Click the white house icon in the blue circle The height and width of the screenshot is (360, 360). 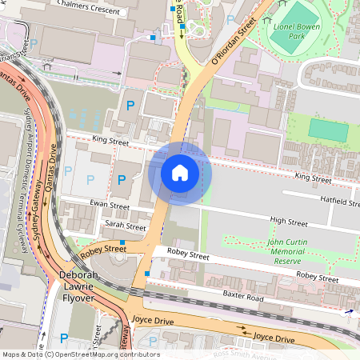click(x=180, y=172)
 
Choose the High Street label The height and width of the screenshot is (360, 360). click(x=288, y=221)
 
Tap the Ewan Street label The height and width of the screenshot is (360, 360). click(x=110, y=206)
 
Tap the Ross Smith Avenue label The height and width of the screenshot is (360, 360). click(x=250, y=354)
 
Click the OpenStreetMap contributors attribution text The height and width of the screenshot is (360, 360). click(x=80, y=354)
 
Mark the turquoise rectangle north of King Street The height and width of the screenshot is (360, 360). click(x=328, y=130)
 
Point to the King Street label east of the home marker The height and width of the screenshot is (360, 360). click(x=312, y=177)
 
